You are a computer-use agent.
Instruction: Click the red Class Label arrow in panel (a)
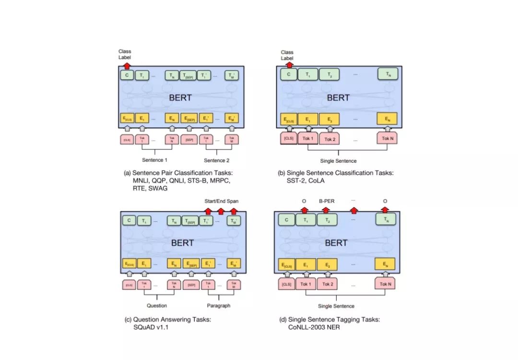tap(127, 66)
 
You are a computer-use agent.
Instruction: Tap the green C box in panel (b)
tap(288, 74)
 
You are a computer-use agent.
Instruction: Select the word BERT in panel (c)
tap(182, 243)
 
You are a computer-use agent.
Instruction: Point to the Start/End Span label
tap(221, 201)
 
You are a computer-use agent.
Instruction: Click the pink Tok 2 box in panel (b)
tap(329, 139)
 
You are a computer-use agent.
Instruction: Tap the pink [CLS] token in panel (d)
tap(287, 284)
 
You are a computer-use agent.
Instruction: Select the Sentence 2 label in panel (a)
tap(217, 160)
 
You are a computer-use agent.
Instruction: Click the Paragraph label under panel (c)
tap(219, 305)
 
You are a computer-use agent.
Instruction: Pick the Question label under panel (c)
tap(157, 305)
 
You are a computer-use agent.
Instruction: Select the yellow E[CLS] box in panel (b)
tap(289, 119)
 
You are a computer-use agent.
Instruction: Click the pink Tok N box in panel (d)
tap(386, 284)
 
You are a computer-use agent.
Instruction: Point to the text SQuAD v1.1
tap(152, 327)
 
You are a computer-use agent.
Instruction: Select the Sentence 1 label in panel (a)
tap(155, 160)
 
